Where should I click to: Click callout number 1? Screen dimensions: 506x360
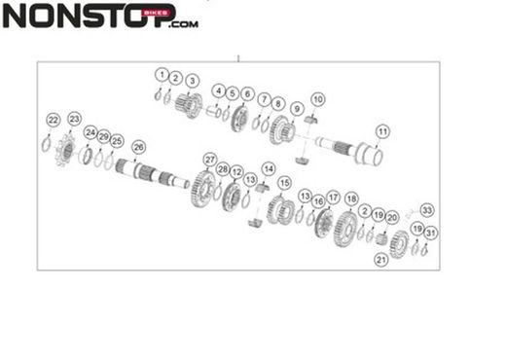coord(162,74)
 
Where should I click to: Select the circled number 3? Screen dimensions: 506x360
coord(192,80)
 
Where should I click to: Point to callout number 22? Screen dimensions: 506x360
coord(53,120)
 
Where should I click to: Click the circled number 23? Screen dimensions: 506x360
coord(74,118)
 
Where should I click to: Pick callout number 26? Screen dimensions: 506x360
coord(138,147)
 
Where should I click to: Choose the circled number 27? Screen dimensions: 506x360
coord(209,159)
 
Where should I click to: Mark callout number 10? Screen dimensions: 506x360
coord(317,100)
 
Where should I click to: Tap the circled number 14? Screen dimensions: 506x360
coord(268,168)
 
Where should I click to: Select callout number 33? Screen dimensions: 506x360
coord(427,209)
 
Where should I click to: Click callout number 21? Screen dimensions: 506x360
coord(380,260)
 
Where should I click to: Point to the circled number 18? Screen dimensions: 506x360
coord(351,198)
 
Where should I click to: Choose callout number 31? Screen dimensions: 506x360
coord(431,233)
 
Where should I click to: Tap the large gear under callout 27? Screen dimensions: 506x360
coord(203,188)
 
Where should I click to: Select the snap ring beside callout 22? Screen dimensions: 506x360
coord(46,145)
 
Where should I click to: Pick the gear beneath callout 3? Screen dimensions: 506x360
coord(189,104)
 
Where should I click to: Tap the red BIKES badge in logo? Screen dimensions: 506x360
coord(157,13)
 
